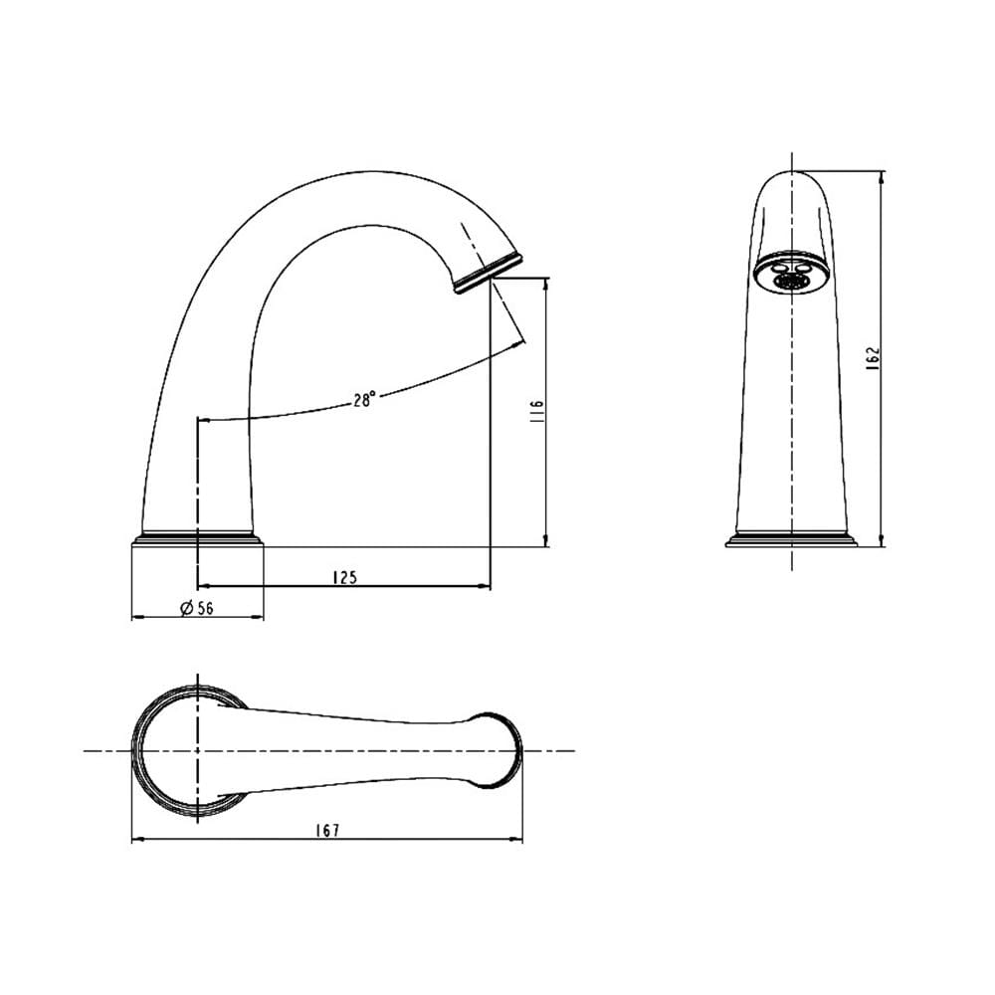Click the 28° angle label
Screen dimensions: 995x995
365,400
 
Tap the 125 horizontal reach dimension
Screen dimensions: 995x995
345,577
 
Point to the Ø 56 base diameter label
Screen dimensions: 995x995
197,608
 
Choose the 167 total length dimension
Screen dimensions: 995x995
327,830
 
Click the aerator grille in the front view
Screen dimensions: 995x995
789,282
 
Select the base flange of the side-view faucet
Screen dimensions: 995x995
197,538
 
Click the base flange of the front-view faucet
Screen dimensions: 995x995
791,538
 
